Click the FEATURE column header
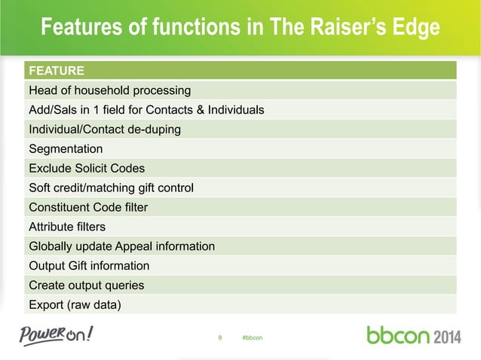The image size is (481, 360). (x=56, y=72)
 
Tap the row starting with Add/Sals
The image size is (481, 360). (x=146, y=110)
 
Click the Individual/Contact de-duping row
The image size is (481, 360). (x=105, y=130)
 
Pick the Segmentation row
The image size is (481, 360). (x=66, y=149)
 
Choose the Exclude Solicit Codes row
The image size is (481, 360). (x=87, y=168)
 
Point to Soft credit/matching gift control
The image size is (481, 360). (x=111, y=188)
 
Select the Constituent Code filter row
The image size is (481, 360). (x=88, y=207)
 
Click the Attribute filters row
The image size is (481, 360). (x=67, y=226)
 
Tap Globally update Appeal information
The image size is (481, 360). (x=121, y=246)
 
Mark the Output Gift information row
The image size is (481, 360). (x=89, y=266)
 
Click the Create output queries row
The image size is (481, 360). (x=86, y=285)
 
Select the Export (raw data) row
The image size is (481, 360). (x=74, y=305)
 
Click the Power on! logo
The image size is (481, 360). (x=57, y=334)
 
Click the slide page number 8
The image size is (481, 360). (x=220, y=337)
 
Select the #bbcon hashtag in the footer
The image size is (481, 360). (x=252, y=337)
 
